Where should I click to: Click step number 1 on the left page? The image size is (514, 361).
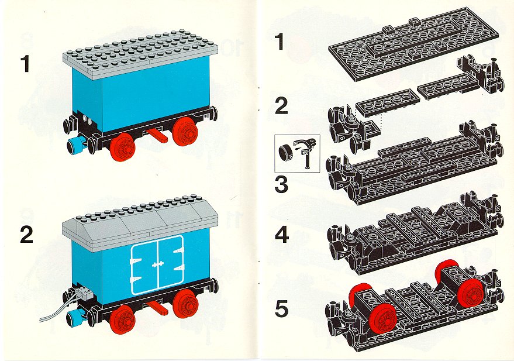pos(25,64)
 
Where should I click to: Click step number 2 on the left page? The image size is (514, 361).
pos(26,235)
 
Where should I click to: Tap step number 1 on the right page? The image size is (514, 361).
pos(280,42)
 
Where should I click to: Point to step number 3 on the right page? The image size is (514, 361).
pos(281,184)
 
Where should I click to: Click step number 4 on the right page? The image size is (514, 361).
pos(282,235)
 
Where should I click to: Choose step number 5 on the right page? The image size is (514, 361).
pos(282,309)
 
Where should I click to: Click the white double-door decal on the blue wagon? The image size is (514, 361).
pos(157,264)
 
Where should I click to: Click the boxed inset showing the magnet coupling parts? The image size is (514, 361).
pos(297,153)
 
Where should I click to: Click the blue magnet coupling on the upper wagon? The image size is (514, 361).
pos(76,145)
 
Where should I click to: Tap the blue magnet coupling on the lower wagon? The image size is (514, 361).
pos(75,317)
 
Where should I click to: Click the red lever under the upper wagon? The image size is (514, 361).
pos(157,135)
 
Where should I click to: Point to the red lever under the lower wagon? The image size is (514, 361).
pos(157,307)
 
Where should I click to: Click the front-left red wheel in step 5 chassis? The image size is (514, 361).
pos(382,318)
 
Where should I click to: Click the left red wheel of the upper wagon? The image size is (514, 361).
pos(123,147)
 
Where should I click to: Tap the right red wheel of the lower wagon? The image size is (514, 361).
pos(185,305)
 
